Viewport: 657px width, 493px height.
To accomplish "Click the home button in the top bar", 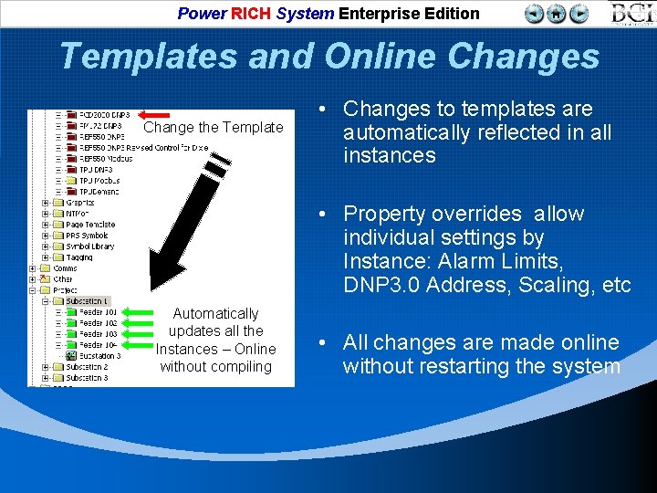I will [556, 14].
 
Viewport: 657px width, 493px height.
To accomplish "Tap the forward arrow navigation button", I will [579, 14].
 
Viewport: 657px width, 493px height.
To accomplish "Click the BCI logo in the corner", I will [632, 14].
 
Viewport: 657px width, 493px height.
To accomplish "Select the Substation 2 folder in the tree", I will [87, 367].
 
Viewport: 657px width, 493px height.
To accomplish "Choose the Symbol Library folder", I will [89, 246].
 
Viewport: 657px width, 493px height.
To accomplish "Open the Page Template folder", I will [90, 225].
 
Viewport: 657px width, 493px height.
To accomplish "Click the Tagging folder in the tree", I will [79, 257].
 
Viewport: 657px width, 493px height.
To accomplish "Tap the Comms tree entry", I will [65, 268].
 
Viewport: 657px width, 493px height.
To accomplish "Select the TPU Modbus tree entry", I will [99, 181].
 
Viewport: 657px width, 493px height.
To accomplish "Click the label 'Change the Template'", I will [214, 128].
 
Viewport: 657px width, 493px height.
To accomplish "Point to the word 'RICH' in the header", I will [251, 14].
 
